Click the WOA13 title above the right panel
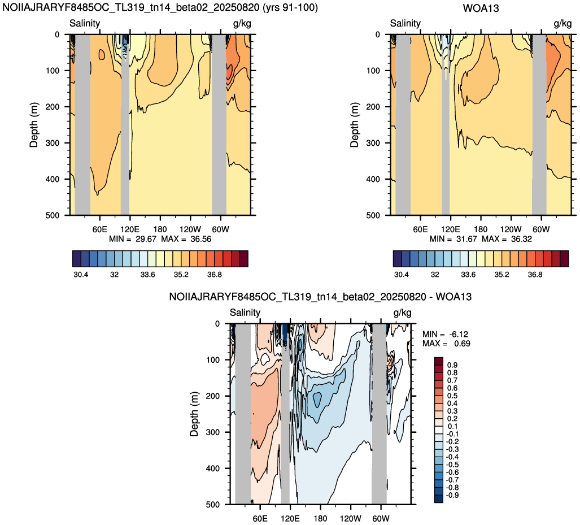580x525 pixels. [481, 8]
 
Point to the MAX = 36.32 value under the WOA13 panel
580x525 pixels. [507, 239]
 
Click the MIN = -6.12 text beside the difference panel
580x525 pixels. [446, 334]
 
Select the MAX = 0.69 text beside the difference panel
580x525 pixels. [447, 343]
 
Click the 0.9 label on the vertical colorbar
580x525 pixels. [452, 365]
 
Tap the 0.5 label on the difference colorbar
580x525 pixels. [452, 396]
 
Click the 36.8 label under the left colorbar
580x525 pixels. [215, 274]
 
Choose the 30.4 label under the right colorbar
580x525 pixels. [402, 274]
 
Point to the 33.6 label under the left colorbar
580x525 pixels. [147, 274]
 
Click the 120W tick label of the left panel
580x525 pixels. [190, 229]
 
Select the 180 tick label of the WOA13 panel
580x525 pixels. [481, 229]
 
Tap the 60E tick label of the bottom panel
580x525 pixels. [260, 518]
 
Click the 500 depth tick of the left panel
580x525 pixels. [52, 215]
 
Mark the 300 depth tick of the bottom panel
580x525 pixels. [212, 432]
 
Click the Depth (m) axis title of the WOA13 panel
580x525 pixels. [354, 125]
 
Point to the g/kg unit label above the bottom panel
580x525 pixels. [402, 313]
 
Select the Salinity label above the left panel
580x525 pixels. [85, 23]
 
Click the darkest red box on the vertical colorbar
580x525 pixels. [438, 361]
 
